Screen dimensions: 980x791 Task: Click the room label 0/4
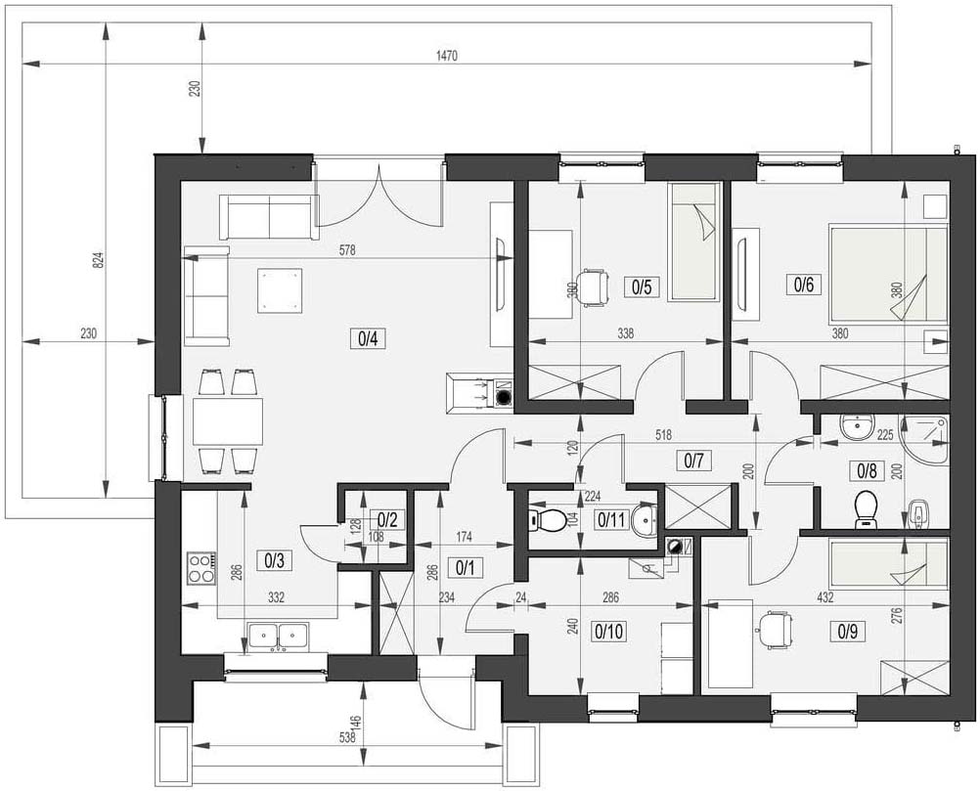(368, 338)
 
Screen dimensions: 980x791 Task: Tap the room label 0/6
(804, 285)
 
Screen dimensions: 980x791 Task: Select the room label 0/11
(611, 519)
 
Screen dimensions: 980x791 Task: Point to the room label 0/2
(387, 519)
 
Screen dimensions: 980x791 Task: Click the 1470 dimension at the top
(447, 57)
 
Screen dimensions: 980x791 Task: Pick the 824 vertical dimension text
(97, 260)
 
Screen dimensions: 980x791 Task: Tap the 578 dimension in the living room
(347, 250)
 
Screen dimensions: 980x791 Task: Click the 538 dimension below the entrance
(347, 737)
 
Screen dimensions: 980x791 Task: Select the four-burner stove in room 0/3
(201, 568)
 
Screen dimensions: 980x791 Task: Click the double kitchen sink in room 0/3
(278, 637)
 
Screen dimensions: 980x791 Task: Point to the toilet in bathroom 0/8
(867, 509)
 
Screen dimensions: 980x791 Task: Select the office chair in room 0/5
(593, 286)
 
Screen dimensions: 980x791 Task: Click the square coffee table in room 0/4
(280, 290)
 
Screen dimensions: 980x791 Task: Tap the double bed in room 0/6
(888, 274)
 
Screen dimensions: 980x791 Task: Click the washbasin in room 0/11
(645, 519)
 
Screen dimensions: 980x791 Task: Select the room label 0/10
(608, 632)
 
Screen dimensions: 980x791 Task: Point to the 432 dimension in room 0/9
(824, 597)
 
